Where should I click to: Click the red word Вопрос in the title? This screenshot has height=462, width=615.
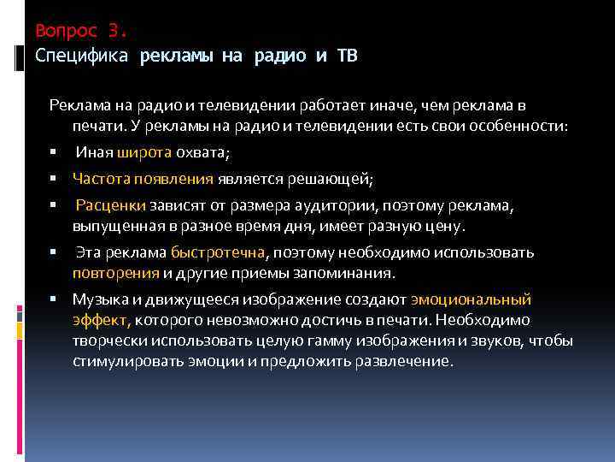tap(67, 32)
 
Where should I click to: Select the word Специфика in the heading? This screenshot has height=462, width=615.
tap(82, 56)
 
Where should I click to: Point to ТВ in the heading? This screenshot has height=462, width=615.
tap(348, 56)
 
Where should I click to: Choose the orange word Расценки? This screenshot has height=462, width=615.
tap(111, 206)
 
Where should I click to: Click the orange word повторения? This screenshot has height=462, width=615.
tap(115, 274)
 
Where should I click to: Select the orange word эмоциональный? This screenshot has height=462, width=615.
tap(471, 300)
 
